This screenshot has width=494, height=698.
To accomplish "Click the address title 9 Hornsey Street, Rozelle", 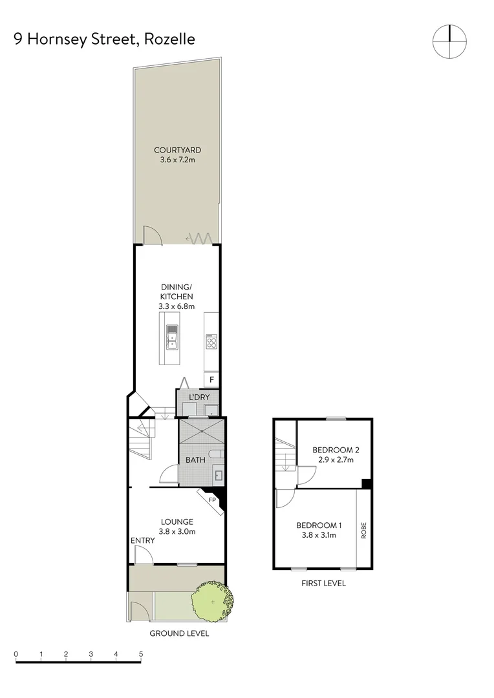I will point(104,39).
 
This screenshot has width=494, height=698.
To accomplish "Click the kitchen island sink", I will point(172,336).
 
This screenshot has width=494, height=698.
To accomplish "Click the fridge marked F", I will point(211,380).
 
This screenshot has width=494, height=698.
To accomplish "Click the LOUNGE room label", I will point(177,522).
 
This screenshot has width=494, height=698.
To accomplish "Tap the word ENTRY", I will point(142,541).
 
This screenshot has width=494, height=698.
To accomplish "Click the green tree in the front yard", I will point(211,601).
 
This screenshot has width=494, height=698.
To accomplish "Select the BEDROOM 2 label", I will point(336,450).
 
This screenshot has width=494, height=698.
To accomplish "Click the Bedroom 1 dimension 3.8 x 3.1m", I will point(317,535).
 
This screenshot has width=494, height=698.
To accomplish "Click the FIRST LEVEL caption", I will point(323,583).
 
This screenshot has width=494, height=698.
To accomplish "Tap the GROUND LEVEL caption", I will point(179,633).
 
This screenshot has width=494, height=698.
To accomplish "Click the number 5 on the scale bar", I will point(140,654).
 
